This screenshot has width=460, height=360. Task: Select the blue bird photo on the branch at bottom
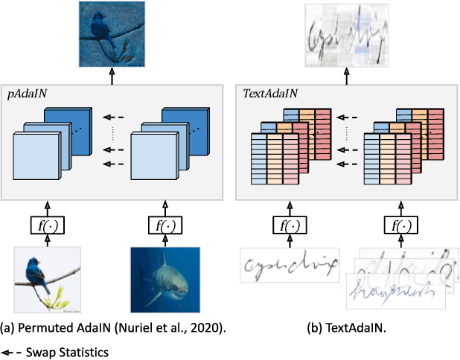coord(48,280)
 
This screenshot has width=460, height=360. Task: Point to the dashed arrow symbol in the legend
coord(13,352)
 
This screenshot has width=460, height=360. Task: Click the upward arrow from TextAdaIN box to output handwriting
coord(345,72)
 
